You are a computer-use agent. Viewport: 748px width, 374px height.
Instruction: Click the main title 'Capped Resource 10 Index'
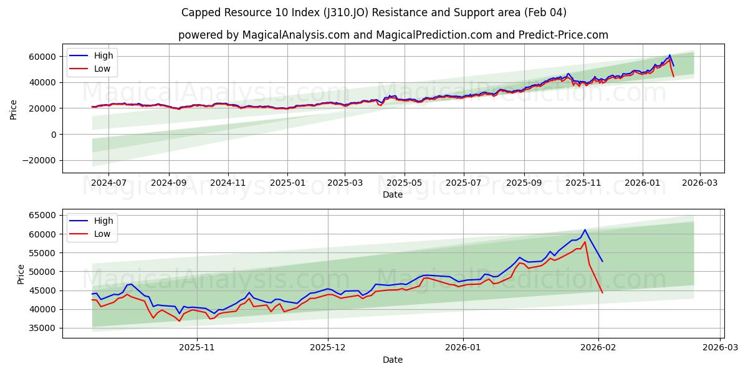tap(374, 12)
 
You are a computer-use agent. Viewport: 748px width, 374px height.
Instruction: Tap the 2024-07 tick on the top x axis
tap(108, 183)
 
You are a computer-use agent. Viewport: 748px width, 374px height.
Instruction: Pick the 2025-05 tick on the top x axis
tap(405, 183)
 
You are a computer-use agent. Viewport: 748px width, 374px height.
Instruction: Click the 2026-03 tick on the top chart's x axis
tap(700, 183)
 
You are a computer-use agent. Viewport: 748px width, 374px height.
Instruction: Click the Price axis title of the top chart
tap(14, 108)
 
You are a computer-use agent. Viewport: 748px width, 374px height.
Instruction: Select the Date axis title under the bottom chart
tap(393, 360)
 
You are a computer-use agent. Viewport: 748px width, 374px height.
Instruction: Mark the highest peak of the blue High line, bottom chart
tap(585, 229)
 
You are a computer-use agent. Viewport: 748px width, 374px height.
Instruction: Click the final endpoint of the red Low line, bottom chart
tap(602, 292)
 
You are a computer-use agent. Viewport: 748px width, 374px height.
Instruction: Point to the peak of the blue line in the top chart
tap(669, 55)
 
